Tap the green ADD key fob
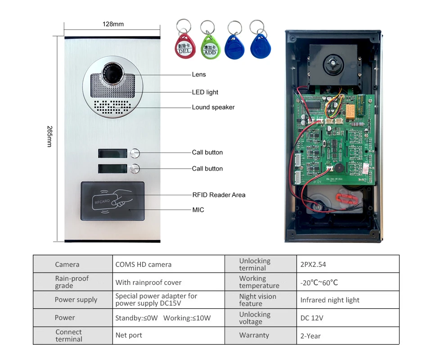209,46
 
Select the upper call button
135,153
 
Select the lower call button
135,169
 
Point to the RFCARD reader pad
112,201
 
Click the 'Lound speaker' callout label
213,107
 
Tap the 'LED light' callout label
205,92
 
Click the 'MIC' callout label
198,210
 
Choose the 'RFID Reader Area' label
219,195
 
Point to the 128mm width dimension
113,24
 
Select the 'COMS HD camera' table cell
143,265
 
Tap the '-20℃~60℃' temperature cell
319,283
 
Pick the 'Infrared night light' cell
330,300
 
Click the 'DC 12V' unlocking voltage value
312,318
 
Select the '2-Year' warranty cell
310,336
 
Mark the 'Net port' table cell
129,336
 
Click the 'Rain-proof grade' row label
72,282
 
